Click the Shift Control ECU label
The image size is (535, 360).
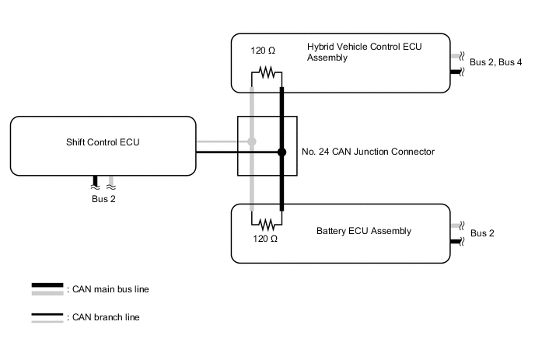[103, 142]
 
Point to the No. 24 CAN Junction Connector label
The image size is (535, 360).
[368, 152]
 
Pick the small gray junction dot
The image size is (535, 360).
[251, 142]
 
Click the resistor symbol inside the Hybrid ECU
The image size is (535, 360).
[267, 74]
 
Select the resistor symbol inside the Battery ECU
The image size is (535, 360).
[267, 219]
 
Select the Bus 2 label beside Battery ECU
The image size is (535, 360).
[483, 233]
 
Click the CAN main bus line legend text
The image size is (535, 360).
[109, 289]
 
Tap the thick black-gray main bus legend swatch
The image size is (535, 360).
[47, 289]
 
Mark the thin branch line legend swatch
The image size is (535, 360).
[47, 317]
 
